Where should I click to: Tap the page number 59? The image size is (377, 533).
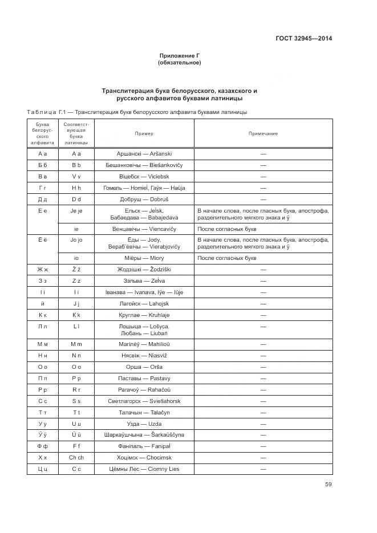pyautogui.click(x=328, y=485)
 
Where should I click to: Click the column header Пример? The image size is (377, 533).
pyautogui.click(x=144, y=133)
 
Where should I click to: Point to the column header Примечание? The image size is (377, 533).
pyautogui.click(x=263, y=133)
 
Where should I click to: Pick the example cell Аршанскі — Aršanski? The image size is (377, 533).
pyautogui.click(x=144, y=154)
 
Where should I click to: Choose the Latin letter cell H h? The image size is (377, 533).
pyautogui.click(x=77, y=188)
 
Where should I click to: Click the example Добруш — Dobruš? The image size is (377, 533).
pyautogui.click(x=144, y=200)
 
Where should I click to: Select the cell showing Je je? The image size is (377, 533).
pyautogui.click(x=77, y=211)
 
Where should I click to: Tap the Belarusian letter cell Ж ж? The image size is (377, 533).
pyautogui.click(x=42, y=269)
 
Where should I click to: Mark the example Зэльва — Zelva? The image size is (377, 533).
pyautogui.click(x=144, y=280)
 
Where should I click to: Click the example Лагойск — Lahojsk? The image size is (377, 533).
pyautogui.click(x=144, y=304)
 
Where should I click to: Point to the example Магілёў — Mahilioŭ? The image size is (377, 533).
pyautogui.click(x=144, y=344)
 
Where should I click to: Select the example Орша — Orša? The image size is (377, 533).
pyautogui.click(x=144, y=367)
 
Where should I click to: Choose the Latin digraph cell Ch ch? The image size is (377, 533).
pyautogui.click(x=77, y=457)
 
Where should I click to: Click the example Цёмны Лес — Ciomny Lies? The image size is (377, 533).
pyautogui.click(x=144, y=469)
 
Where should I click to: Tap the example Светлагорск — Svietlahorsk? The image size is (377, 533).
pyautogui.click(x=144, y=401)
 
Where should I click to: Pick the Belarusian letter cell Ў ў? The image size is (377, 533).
pyautogui.click(x=42, y=435)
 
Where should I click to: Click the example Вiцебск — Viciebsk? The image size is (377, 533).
pyautogui.click(x=144, y=177)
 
